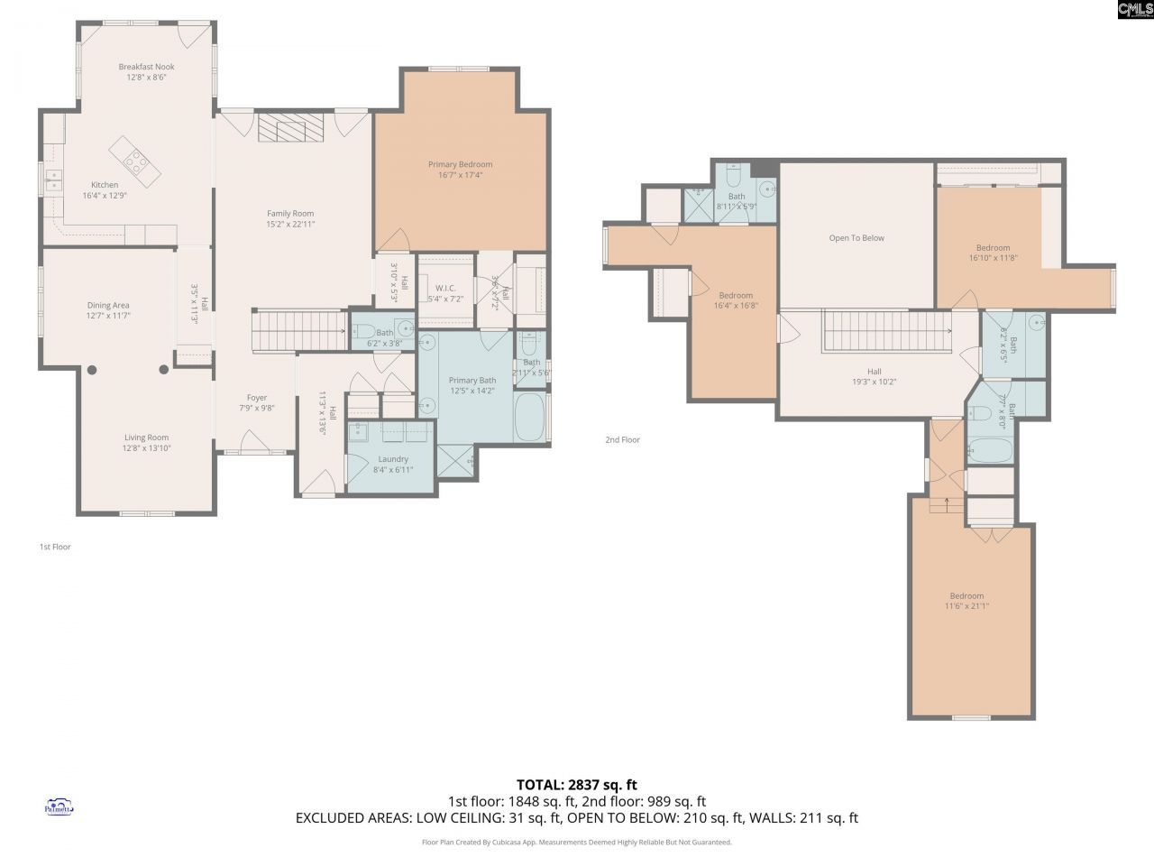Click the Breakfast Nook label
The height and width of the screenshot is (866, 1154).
click(x=146, y=67)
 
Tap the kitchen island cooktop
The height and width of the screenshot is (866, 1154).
click(x=136, y=161)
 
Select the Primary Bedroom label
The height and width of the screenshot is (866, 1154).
click(x=460, y=164)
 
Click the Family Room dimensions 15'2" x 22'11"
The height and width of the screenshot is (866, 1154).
click(x=290, y=225)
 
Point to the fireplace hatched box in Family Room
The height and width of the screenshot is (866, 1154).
click(x=290, y=127)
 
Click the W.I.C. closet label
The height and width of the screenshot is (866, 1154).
click(x=445, y=288)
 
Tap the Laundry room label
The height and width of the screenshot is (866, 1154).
click(x=392, y=459)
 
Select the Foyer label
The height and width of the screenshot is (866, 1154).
click(x=257, y=398)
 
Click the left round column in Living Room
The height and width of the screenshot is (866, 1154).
click(x=92, y=369)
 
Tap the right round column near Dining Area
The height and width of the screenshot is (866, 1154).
click(x=164, y=369)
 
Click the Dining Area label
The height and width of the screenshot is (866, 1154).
click(x=108, y=306)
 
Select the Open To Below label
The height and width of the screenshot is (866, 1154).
click(x=856, y=238)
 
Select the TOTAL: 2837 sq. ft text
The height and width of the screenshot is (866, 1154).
click(x=576, y=785)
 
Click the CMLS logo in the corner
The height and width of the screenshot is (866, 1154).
click(x=1134, y=10)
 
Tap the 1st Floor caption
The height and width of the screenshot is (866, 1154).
click(x=55, y=547)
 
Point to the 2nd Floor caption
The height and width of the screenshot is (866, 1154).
click(x=622, y=440)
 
